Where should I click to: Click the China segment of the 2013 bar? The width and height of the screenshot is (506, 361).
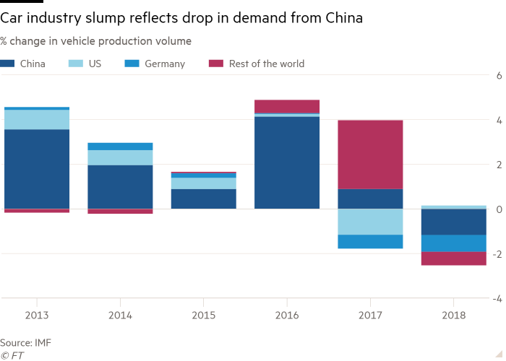(x=37, y=169)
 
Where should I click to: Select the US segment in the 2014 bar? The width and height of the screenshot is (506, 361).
(x=120, y=157)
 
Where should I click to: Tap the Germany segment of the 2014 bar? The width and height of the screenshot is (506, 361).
(x=120, y=146)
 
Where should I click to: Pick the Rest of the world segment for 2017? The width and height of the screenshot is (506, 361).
(x=370, y=154)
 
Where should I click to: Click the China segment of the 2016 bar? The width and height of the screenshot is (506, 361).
(x=287, y=162)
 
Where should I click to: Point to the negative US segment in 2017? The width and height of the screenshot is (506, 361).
(x=370, y=222)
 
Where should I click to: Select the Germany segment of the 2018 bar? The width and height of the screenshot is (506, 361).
(x=453, y=243)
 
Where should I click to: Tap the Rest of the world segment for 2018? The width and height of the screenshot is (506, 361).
(x=453, y=258)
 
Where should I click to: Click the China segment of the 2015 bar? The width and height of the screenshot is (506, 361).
(x=203, y=199)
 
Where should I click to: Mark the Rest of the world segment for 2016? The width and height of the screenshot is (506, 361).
(x=287, y=107)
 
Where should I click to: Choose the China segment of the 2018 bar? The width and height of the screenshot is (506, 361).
(x=453, y=222)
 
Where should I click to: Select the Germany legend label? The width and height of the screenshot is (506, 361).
(x=165, y=64)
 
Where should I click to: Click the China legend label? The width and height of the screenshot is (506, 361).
(x=33, y=64)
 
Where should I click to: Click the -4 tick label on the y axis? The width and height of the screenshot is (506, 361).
(x=497, y=298)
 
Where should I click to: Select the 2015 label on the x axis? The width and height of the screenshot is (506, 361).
(x=203, y=315)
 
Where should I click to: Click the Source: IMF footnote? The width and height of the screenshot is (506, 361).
(x=26, y=342)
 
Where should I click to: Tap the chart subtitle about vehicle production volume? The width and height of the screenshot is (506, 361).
(x=96, y=41)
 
